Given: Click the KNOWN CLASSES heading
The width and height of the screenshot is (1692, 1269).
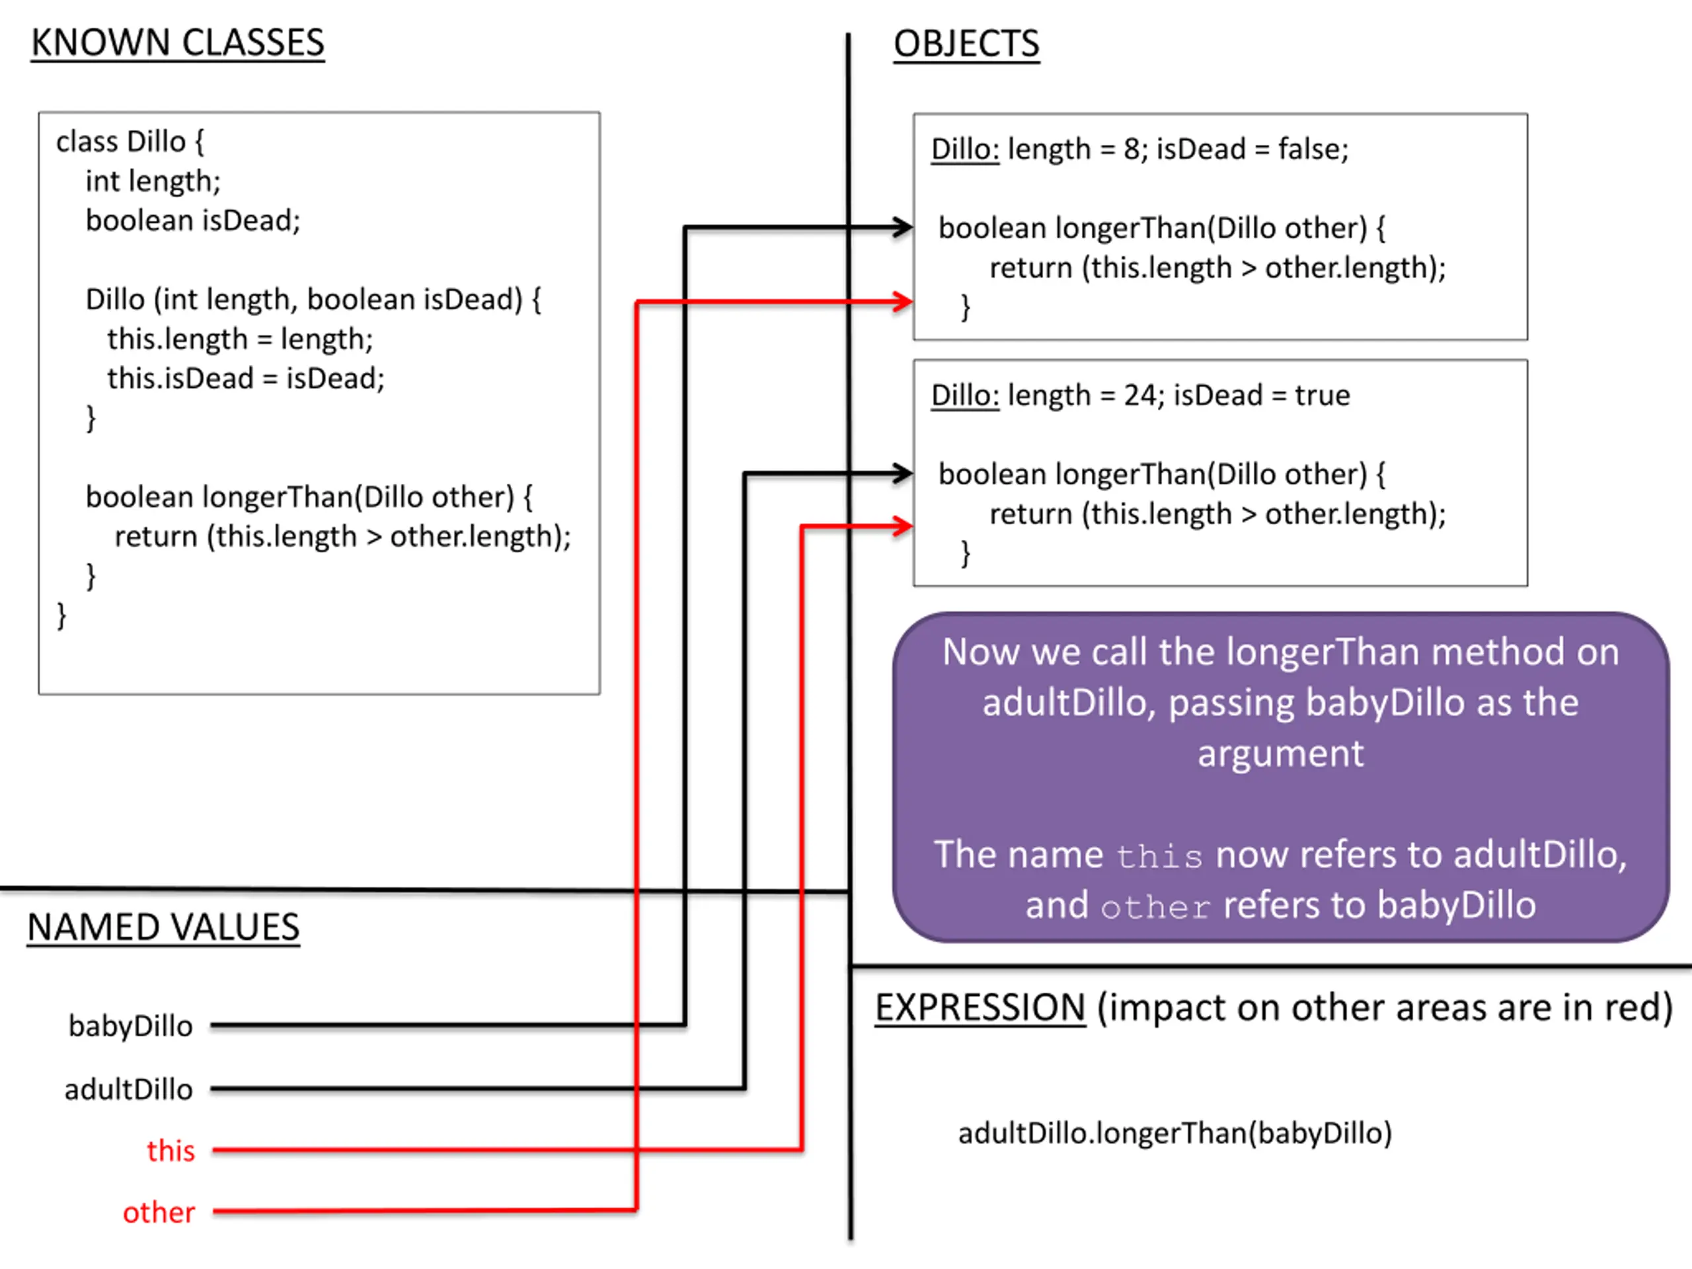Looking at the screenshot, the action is [177, 43].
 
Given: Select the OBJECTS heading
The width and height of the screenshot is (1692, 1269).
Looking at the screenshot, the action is [967, 44].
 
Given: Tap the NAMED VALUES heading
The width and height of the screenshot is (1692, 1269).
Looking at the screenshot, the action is [164, 927].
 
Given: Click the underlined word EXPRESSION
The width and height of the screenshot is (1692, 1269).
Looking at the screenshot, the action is [981, 1007].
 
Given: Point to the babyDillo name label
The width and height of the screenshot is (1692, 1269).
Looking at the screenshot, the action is [131, 1026].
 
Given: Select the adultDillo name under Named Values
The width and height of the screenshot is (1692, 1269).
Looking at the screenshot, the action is [128, 1089].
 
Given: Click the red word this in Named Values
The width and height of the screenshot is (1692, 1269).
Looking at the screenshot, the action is [171, 1151].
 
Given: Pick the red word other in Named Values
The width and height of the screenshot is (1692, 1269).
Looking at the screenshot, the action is [159, 1212].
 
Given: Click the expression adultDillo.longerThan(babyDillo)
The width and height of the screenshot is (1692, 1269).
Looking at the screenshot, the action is [1175, 1133].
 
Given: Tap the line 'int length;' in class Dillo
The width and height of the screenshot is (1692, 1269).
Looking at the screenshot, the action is [153, 181].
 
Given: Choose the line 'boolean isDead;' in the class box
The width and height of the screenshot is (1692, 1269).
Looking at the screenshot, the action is [193, 220].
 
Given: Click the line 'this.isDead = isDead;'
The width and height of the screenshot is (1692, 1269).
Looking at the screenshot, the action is [246, 378].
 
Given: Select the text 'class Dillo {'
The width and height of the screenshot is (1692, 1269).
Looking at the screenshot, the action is [130, 141].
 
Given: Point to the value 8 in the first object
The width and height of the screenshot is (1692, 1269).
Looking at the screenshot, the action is [1132, 149].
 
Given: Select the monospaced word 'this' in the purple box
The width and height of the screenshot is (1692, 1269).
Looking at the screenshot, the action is [1159, 857].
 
